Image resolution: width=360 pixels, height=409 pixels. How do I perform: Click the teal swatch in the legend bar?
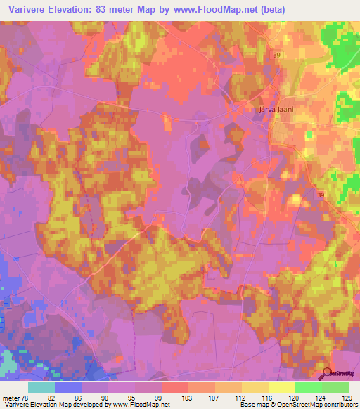(41, 387)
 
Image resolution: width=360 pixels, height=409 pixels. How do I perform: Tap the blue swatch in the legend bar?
(68, 387)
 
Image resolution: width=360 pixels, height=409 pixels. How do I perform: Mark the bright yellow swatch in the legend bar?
(281, 387)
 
